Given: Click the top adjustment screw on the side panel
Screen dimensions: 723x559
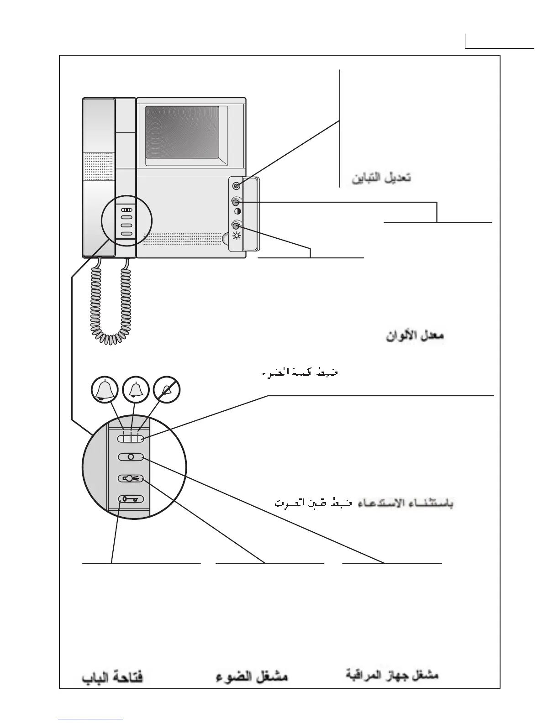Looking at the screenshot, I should (x=236, y=186).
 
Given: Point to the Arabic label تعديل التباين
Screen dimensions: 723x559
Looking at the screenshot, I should (x=381, y=178).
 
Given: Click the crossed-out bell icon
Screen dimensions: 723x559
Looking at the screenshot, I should (x=167, y=390).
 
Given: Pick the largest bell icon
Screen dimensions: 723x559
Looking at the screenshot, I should (x=105, y=390).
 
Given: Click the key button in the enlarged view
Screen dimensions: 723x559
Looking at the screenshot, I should (x=131, y=499).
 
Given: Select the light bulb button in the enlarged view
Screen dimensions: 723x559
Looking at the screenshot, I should (x=131, y=478).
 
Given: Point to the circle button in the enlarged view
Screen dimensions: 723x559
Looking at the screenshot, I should (x=131, y=457).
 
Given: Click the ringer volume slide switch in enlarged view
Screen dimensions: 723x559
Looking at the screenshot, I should (x=131, y=439).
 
